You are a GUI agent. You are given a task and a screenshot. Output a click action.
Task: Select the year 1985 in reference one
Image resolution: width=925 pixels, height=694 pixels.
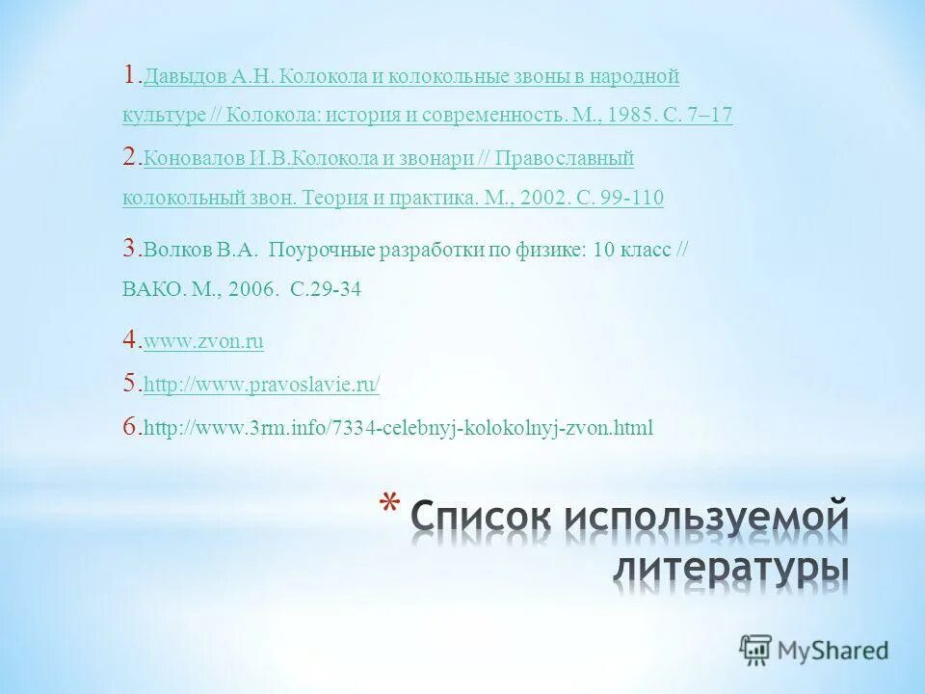pos(638,116)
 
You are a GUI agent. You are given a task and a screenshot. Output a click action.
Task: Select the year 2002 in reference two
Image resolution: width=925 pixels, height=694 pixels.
pos(540,199)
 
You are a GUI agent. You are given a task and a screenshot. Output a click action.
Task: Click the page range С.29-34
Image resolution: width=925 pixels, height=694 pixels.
pos(326,288)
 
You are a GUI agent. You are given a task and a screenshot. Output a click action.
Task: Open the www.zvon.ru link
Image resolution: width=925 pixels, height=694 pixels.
pos(203,341)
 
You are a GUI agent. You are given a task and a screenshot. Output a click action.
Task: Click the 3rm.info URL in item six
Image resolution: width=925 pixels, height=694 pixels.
pos(398,428)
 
